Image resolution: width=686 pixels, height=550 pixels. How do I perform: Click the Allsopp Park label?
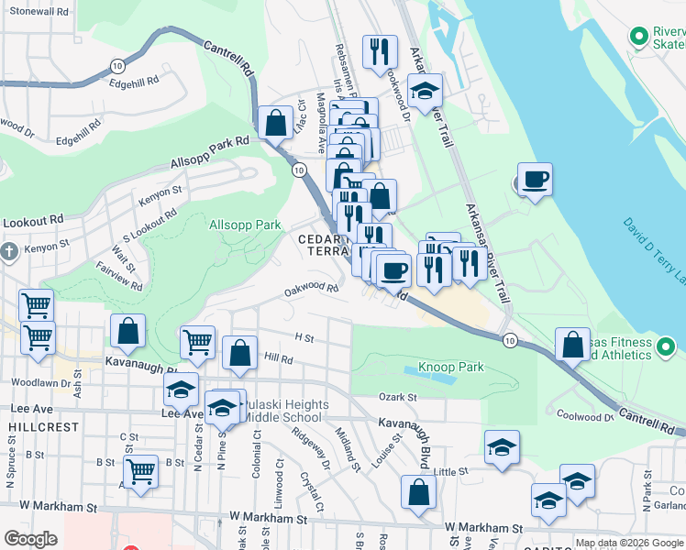[x=245, y=225]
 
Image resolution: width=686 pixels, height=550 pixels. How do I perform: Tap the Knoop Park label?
[x=450, y=368]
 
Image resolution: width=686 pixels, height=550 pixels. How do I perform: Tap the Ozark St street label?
[x=398, y=397]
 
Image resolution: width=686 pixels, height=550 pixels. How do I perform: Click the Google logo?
[x=30, y=539]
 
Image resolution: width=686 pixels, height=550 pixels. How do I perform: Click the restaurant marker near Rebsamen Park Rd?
[x=379, y=51]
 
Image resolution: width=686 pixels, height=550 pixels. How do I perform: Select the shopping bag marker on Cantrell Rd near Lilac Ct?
[x=275, y=122]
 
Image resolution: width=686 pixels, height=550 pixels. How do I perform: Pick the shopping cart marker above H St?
[x=198, y=342]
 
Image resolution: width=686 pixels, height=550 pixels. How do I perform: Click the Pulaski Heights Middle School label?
[x=282, y=411]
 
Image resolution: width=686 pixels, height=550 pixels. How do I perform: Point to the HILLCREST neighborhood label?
[x=34, y=428]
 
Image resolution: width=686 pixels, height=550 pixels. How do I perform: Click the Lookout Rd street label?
[x=32, y=221]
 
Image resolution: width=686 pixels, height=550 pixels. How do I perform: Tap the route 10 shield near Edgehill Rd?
[x=116, y=65]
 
